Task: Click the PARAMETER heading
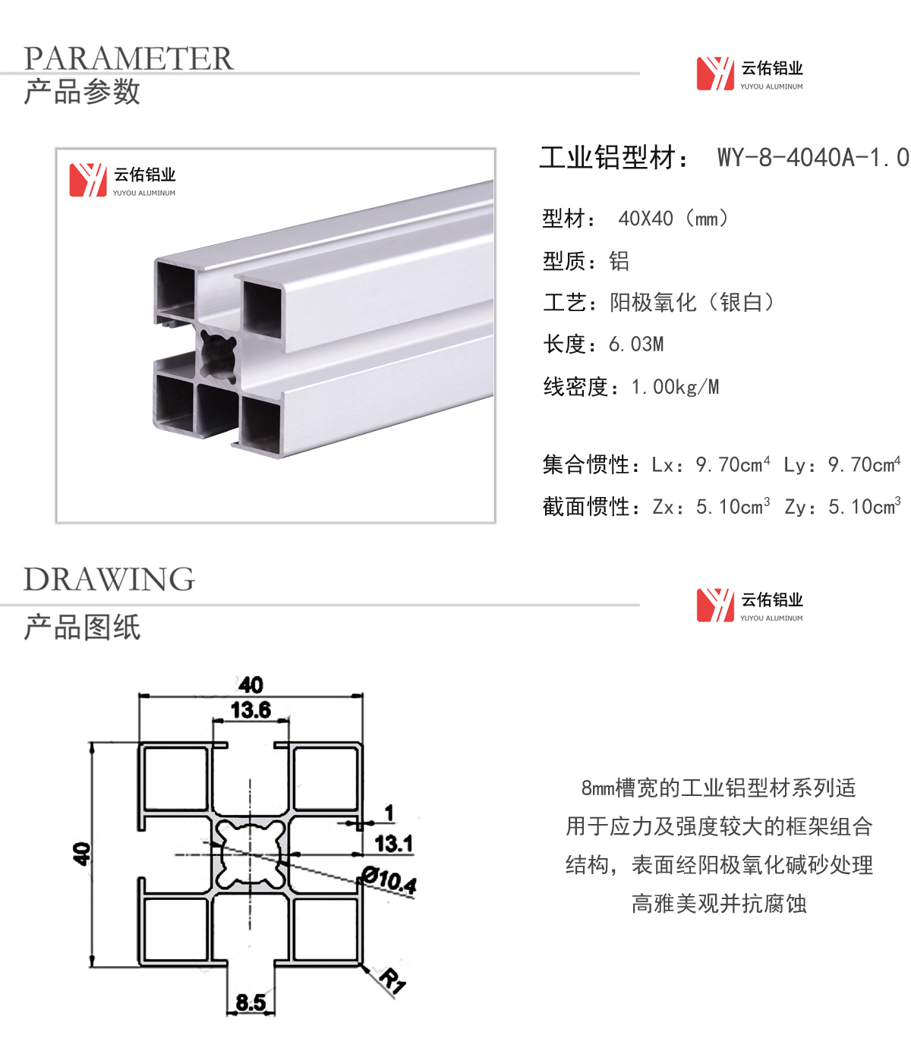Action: click(128, 58)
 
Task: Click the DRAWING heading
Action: click(109, 580)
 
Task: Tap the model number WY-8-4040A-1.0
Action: click(812, 158)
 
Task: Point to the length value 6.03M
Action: click(636, 344)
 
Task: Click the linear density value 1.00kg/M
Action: click(675, 387)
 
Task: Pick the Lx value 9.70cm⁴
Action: click(733, 464)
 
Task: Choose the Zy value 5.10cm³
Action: click(864, 506)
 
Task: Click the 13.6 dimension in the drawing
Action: click(251, 710)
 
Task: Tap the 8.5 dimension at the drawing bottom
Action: click(251, 1002)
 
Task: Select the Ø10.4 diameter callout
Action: click(389, 880)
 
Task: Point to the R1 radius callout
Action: click(392, 980)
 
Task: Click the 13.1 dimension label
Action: click(393, 843)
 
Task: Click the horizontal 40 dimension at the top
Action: click(251, 684)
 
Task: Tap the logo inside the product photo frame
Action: click(122, 181)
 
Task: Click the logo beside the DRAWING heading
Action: click(749, 605)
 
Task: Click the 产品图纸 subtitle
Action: click(82, 628)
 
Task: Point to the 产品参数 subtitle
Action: click(82, 92)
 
